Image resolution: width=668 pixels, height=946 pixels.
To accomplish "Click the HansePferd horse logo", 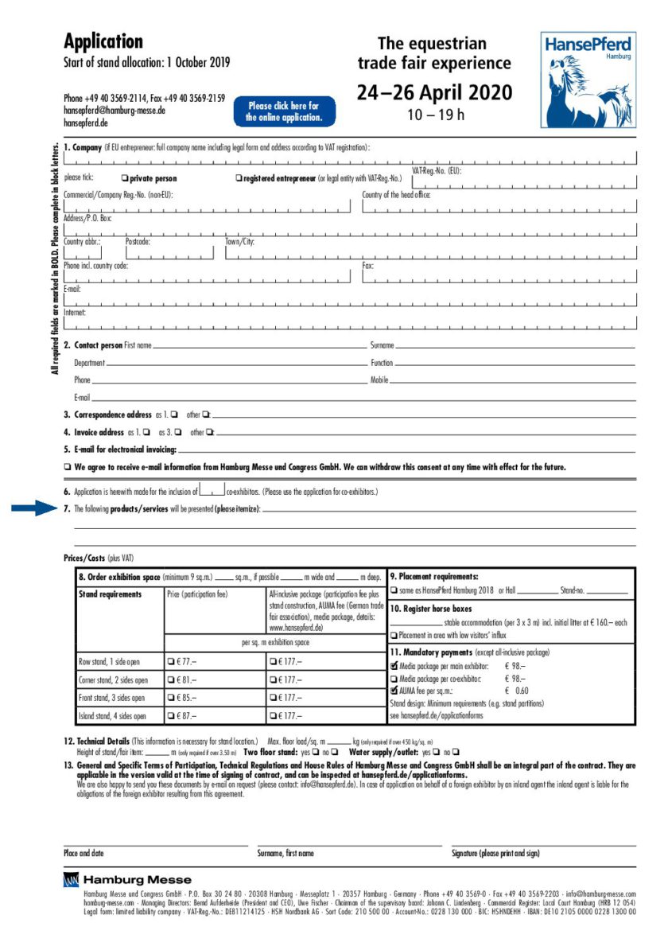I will click(588, 80).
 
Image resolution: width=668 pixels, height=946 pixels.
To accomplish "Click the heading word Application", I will click(103, 41).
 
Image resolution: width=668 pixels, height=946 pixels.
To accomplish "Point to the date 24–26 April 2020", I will click(434, 92).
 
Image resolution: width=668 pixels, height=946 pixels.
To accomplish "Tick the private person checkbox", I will click(125, 178).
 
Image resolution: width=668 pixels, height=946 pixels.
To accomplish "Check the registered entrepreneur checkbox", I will click(239, 178).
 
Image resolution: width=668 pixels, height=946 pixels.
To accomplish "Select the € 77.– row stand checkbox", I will click(171, 661).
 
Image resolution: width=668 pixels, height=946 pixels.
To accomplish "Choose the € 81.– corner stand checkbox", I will click(171, 680).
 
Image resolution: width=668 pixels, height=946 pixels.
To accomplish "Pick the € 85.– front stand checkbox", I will click(171, 699).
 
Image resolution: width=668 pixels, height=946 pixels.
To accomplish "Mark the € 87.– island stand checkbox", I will click(171, 716).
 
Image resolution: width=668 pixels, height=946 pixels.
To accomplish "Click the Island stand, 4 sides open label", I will click(112, 716).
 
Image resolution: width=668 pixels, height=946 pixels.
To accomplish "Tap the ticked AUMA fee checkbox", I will click(394, 691).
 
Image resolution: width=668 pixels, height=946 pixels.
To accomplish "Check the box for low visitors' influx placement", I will click(394, 635).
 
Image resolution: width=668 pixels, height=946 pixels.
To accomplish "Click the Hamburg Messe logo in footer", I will click(127, 879).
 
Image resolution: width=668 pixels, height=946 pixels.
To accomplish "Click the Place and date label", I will click(83, 854).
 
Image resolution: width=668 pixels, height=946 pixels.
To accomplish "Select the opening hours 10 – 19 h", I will click(436, 115).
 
